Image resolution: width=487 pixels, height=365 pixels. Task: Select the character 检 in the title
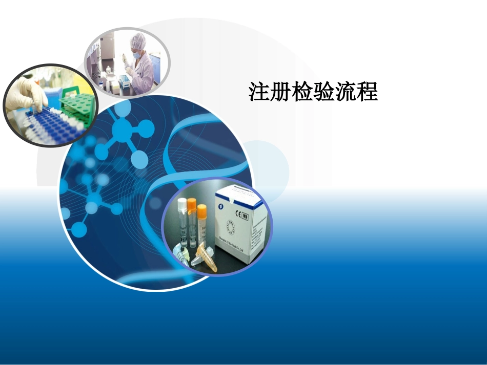tap(302, 92)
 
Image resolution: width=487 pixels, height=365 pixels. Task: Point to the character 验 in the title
tap(324, 92)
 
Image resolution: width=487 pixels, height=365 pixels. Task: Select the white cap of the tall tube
tap(181, 204)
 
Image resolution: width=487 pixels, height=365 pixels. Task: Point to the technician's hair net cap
tap(138, 39)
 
